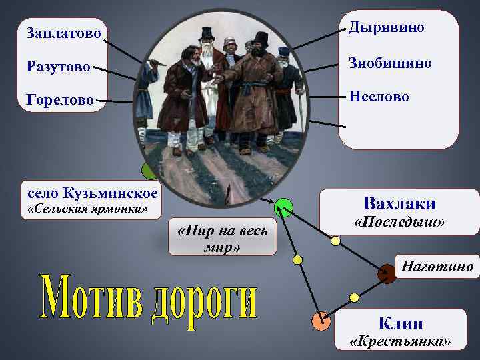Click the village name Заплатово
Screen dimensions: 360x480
pos(63,32)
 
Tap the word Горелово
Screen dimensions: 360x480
pos(60,100)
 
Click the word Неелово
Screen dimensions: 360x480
pos(380,97)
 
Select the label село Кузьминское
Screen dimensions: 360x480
pos(93,193)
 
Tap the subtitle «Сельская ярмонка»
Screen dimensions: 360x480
pos(87,210)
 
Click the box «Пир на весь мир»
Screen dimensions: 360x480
pos(222,238)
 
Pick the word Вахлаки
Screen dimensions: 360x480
pos(400,203)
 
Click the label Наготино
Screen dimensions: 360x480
pos(437,267)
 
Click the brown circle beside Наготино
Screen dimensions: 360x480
pos(386,273)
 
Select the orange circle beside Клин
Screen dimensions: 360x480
pos(321,322)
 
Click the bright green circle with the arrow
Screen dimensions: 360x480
pos(284,208)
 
